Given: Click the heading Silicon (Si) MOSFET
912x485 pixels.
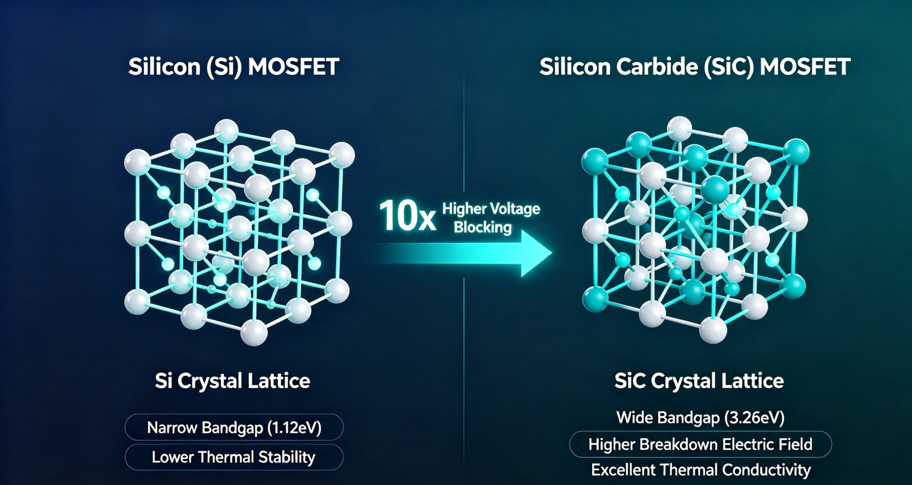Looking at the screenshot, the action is (234, 67).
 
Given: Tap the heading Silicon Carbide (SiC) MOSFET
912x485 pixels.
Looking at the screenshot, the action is (695, 67).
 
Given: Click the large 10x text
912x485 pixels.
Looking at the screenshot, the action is (407, 216).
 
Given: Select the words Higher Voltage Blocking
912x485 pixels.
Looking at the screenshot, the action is (491, 218).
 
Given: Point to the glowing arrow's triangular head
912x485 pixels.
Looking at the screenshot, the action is (536, 253).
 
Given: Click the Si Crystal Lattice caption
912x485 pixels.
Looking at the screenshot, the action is (233, 381).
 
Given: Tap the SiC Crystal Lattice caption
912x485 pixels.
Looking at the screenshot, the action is (699, 381).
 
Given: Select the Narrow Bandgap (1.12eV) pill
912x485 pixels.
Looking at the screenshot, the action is (234, 427).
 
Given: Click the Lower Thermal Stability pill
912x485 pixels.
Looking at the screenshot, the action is (234, 457).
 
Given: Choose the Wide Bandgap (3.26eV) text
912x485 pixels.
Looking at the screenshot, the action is (700, 418).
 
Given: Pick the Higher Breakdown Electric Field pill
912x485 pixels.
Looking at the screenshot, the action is (700, 444).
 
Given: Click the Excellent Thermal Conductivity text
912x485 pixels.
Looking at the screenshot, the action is (700, 470).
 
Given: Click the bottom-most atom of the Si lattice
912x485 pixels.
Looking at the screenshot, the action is (254, 332).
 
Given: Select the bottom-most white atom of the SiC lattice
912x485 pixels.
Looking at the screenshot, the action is (713, 330).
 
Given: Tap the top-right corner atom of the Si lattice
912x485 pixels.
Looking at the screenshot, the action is (342, 155).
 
